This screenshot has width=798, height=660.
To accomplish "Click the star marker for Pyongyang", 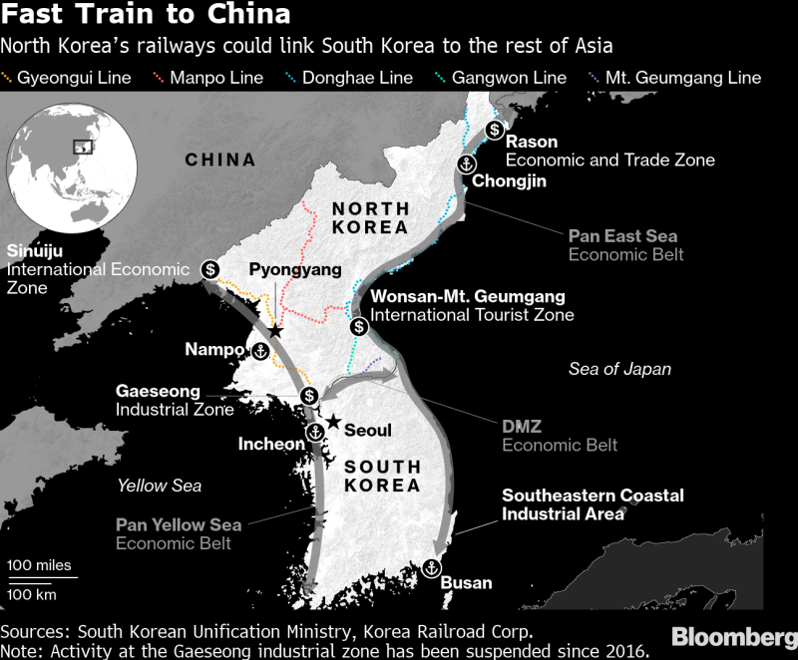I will (x=275, y=331).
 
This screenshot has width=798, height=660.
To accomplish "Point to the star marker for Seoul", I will (x=332, y=422).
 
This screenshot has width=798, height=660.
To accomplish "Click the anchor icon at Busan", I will (x=432, y=567).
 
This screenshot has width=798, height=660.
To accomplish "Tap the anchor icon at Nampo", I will (x=259, y=350).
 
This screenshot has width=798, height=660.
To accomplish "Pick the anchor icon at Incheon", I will (x=314, y=432).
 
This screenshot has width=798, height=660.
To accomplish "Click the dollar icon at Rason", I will (x=494, y=130).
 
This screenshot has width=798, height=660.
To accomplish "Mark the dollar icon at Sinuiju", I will (x=210, y=268).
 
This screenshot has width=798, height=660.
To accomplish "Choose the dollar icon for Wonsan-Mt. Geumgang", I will (x=358, y=325).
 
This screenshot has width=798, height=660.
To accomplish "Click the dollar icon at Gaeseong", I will (x=309, y=396).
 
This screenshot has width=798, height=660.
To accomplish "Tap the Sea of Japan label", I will (x=619, y=369).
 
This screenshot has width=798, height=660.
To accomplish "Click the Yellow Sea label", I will (x=160, y=486).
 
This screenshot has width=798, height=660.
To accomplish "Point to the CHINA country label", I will (x=220, y=160).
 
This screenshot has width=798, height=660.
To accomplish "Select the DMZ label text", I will (x=522, y=427).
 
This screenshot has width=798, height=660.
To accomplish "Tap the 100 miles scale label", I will (x=40, y=565).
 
